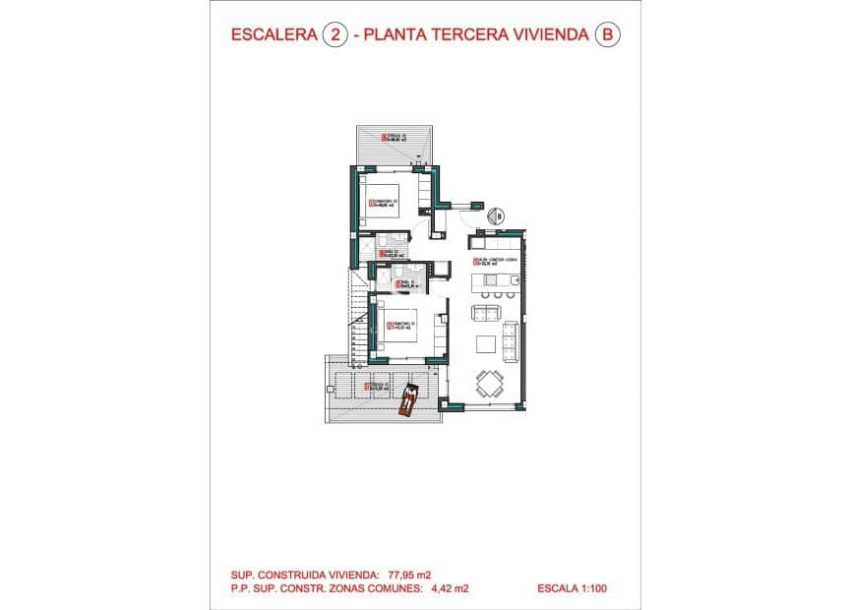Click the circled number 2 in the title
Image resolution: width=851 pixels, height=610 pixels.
335,34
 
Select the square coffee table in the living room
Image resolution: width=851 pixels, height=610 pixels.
487,342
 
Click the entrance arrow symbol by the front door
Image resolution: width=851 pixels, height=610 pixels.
497,215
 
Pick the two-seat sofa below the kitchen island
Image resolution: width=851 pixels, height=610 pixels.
487,314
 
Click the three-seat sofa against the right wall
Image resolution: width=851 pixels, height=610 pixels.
511,340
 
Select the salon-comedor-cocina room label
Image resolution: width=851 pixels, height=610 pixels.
495,262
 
